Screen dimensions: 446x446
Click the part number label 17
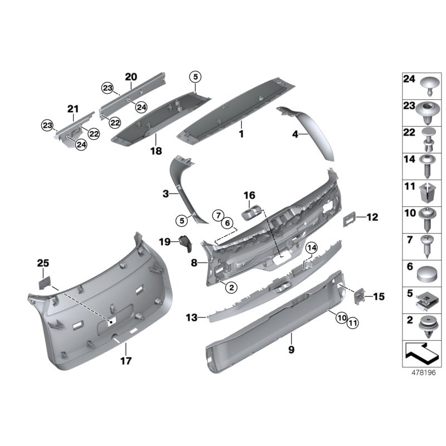(126, 361)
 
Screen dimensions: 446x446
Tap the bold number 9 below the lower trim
(291, 350)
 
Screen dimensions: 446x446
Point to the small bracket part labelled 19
(186, 244)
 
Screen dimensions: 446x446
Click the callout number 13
(191, 317)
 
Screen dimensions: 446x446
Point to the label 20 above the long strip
(130, 77)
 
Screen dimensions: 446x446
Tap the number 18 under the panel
(155, 151)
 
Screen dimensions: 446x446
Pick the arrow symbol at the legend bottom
(419, 352)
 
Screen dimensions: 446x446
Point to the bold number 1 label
(241, 134)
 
